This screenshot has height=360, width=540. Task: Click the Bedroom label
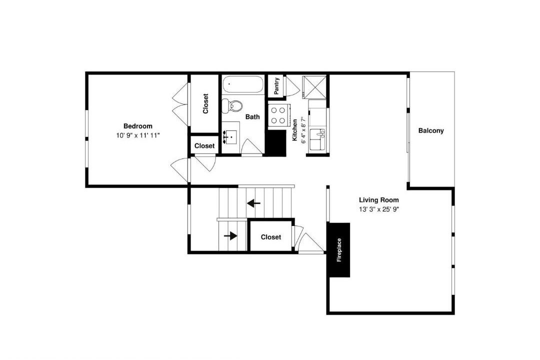click(x=138, y=126)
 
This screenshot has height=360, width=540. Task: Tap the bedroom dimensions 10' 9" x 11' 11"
click(x=138, y=135)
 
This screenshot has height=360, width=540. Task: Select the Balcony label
click(x=431, y=130)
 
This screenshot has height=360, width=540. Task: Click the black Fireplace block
click(x=339, y=250)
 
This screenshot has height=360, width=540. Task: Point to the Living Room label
click(x=379, y=200)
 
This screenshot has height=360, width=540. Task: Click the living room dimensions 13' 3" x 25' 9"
click(x=379, y=209)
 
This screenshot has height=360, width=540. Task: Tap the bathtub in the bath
click(x=243, y=84)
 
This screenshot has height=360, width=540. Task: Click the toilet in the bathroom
click(x=232, y=105)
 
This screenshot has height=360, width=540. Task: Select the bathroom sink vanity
click(x=231, y=137)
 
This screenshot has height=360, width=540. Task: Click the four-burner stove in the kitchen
click(x=278, y=115)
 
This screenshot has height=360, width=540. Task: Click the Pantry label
click(x=276, y=86)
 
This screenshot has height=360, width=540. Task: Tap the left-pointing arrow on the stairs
click(x=254, y=203)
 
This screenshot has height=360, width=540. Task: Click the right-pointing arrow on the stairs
click(x=230, y=236)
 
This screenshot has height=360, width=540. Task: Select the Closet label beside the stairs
click(x=270, y=237)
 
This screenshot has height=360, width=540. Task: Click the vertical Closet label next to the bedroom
click(x=205, y=103)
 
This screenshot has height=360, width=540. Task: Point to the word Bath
click(x=252, y=117)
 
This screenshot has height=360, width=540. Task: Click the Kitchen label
click(x=295, y=130)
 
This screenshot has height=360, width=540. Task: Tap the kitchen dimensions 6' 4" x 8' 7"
click(x=303, y=130)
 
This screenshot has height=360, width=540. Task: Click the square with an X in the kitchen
click(x=314, y=87)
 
